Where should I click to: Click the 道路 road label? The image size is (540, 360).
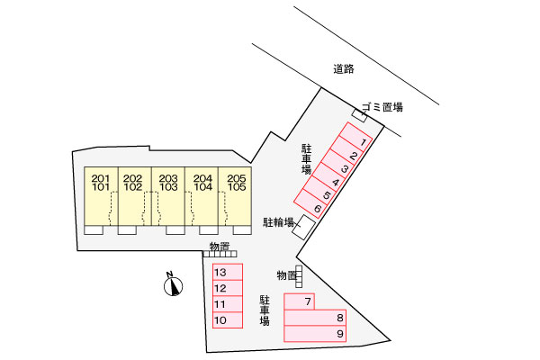[x=344, y=69]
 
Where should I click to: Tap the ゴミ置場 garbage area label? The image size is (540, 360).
[x=382, y=107]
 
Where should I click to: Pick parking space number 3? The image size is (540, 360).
[x=337, y=162]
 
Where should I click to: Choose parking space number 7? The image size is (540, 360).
[x=300, y=301]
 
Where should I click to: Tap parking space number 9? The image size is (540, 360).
[x=315, y=334]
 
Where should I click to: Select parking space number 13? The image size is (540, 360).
[x=228, y=272]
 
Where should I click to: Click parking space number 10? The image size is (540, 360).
[x=228, y=320]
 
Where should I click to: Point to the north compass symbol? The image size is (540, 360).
[x=173, y=285]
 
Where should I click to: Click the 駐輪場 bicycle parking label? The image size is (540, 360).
[x=278, y=222]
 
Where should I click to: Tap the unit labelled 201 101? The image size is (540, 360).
[x=101, y=196]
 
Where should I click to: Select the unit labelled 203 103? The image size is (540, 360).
[x=168, y=196]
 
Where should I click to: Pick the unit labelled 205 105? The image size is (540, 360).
[x=235, y=196]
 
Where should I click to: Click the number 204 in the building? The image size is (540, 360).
[x=202, y=178]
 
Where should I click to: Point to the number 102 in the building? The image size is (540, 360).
[x=133, y=187]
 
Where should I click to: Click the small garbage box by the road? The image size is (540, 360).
[x=359, y=114]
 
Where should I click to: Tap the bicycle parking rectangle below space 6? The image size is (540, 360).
[x=304, y=228]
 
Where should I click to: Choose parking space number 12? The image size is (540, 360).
[x=228, y=288]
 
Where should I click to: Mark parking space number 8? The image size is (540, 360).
[x=315, y=318]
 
